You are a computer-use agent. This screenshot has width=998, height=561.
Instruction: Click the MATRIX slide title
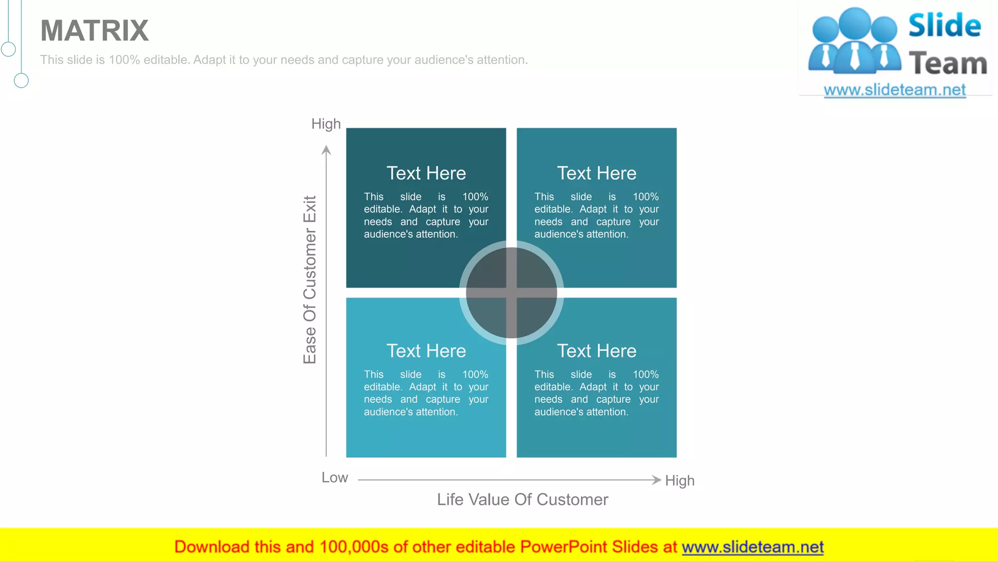[x=95, y=31]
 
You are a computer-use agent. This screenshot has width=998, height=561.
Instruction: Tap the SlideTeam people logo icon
[x=854, y=41]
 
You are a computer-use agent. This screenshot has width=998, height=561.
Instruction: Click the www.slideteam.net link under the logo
[x=895, y=90]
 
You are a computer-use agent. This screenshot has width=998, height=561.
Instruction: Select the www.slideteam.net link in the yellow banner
[x=752, y=547]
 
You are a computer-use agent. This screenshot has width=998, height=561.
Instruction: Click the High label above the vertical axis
[x=326, y=124]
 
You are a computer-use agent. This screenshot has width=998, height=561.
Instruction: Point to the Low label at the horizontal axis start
[x=335, y=478]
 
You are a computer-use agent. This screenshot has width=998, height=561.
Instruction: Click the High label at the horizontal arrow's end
[x=680, y=481]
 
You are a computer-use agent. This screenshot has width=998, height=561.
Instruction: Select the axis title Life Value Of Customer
[x=522, y=500]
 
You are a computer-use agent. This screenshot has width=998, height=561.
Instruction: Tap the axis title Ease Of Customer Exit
[x=310, y=280]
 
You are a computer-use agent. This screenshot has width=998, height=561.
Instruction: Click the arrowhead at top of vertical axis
[x=326, y=150]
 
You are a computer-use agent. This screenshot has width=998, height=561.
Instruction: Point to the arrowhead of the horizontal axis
[x=656, y=480]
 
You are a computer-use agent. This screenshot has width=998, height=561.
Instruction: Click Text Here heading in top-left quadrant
[x=426, y=173]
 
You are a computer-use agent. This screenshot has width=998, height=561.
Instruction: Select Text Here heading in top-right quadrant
[x=596, y=173]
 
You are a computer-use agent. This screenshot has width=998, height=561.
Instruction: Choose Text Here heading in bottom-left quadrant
[x=426, y=351]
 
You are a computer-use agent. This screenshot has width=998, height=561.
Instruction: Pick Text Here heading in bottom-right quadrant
[x=596, y=351]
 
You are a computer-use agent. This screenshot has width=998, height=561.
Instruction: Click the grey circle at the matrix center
[x=511, y=293]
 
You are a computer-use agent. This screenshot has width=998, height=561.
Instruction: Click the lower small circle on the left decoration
[x=21, y=80]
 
